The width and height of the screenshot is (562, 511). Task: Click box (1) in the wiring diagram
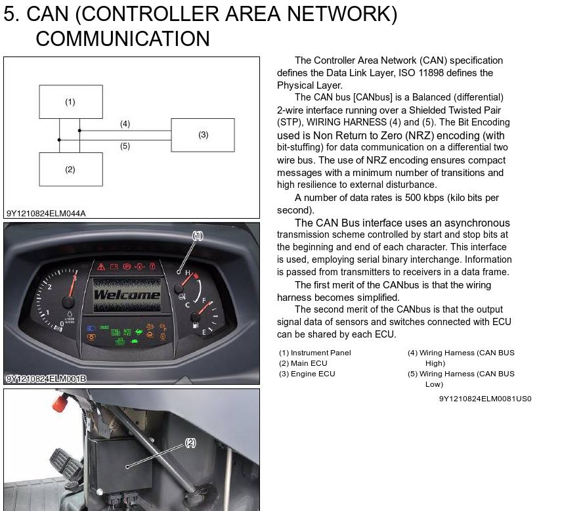pyautogui.click(x=71, y=102)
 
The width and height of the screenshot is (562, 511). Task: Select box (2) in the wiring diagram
pyautogui.click(x=71, y=169)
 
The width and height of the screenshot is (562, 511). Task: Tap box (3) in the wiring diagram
pyautogui.click(x=203, y=135)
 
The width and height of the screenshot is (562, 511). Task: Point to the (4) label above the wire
pyautogui.click(x=125, y=123)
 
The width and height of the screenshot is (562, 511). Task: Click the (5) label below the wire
pyautogui.click(x=125, y=146)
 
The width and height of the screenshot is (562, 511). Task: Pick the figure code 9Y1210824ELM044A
pyautogui.click(x=46, y=213)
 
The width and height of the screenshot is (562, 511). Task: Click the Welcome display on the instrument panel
pyautogui.click(x=127, y=295)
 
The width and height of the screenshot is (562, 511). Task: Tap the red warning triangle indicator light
pyautogui.click(x=101, y=267)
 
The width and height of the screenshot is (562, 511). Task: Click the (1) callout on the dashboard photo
pyautogui.click(x=198, y=236)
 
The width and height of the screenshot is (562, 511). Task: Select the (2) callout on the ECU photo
pyautogui.click(x=190, y=443)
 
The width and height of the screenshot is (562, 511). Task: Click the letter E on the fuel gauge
pyautogui.click(x=204, y=332)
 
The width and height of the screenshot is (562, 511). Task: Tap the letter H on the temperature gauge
pyautogui.click(x=188, y=273)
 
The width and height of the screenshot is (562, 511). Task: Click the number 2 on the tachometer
pyautogui.click(x=49, y=287)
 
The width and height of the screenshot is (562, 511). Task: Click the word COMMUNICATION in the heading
pyautogui.click(x=123, y=39)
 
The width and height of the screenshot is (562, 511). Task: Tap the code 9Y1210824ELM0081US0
pyautogui.click(x=485, y=399)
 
